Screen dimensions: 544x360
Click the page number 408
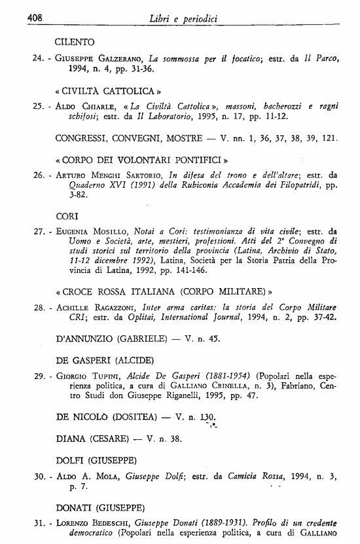[x=34, y=18]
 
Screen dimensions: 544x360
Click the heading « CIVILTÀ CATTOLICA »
[x=109, y=91]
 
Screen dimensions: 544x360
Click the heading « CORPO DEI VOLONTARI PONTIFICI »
[x=141, y=158]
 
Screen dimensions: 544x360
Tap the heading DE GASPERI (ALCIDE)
[x=105, y=360]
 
